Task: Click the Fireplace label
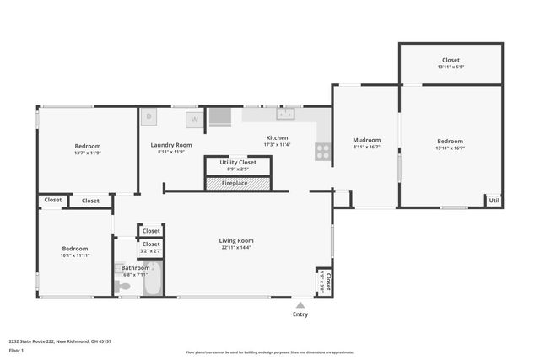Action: click(235, 183)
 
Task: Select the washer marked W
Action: click(194, 119)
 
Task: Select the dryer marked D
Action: click(148, 116)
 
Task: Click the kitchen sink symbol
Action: click(286, 114)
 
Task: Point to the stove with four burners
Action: click(322, 151)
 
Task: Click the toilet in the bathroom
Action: click(124, 287)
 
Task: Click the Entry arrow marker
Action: click(300, 304)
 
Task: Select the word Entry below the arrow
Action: click(300, 314)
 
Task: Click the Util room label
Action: click(494, 201)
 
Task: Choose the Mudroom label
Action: click(366, 140)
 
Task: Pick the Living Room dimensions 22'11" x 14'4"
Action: click(236, 248)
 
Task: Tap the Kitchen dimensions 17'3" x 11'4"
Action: click(277, 145)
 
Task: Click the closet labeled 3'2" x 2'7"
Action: click(151, 248)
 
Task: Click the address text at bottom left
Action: click(60, 341)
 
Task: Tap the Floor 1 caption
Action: click(17, 350)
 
